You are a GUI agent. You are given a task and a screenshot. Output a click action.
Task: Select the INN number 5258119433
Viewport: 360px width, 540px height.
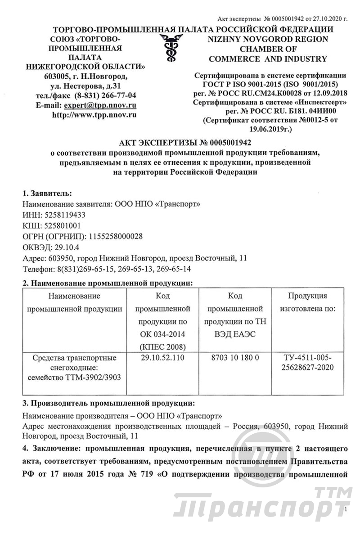[61, 215]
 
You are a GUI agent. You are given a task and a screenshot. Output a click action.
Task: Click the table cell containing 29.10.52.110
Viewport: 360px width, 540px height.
[162, 357]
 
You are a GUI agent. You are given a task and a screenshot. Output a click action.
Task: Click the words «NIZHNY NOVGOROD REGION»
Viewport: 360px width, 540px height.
[268, 39]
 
